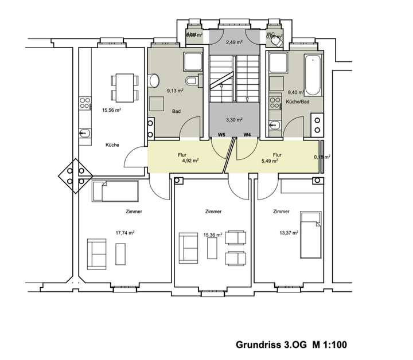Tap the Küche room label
pos(112,145)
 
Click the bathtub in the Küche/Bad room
pos(313,75)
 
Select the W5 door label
pos(221,135)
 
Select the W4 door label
pos(247,135)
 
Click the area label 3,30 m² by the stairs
pos(233,120)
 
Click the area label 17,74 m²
pos(124,233)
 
